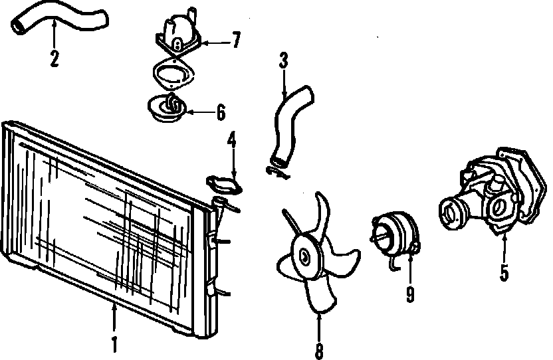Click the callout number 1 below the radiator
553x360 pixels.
point(114,345)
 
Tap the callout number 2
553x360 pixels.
point(55,58)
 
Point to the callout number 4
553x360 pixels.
point(232,141)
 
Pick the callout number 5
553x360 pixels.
point(504,272)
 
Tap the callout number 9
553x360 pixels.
point(410,292)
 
